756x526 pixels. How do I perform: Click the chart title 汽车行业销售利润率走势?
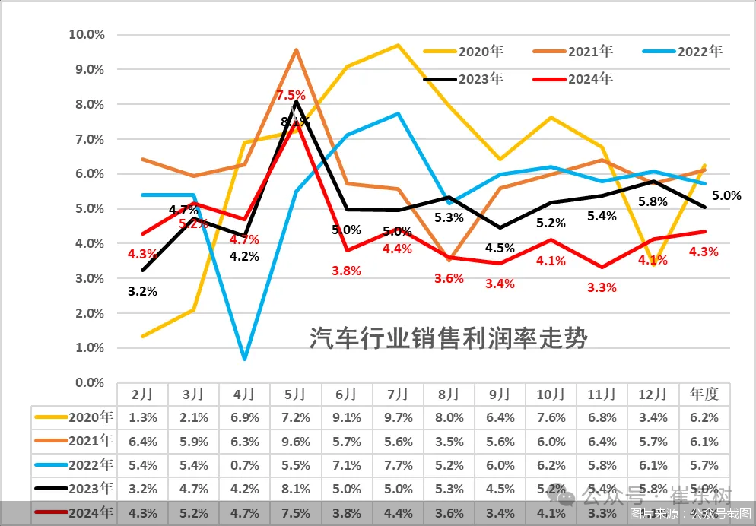(448, 337)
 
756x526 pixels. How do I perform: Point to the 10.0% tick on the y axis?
(86, 34)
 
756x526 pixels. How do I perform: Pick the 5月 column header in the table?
(295, 394)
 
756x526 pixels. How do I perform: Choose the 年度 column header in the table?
(704, 394)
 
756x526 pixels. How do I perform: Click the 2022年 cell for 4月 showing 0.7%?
(244, 465)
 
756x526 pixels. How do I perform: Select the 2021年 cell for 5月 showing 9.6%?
(295, 441)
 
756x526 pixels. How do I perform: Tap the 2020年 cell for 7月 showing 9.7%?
(398, 417)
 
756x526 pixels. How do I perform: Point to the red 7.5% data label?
(291, 96)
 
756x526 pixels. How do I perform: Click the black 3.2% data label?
(142, 290)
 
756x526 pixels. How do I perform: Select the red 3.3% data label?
(602, 287)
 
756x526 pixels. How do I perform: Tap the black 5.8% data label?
(653, 201)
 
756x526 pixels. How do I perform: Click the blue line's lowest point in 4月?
(244, 358)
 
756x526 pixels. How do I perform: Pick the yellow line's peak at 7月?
(398, 45)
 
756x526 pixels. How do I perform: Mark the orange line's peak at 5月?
(295, 50)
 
